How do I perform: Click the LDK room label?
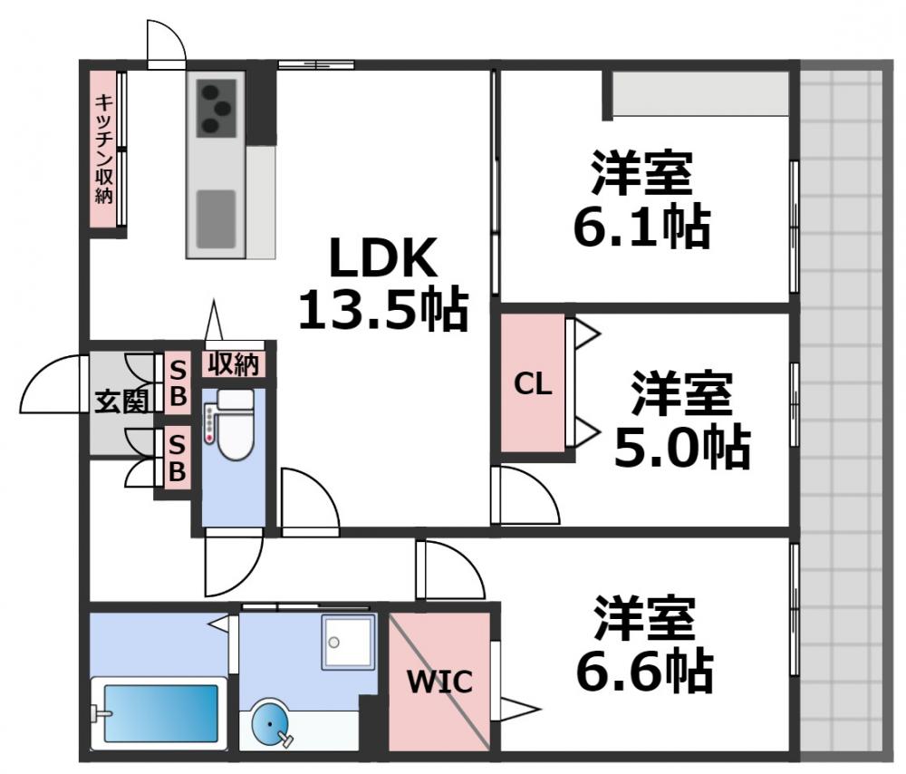(382, 259)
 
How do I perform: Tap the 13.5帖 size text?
(382, 311)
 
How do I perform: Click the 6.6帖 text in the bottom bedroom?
(645, 671)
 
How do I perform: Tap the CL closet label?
(533, 384)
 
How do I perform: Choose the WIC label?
(439, 682)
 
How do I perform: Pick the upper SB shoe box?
(178, 382)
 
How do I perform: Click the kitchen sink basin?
(217, 218)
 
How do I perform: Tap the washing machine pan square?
(348, 642)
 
